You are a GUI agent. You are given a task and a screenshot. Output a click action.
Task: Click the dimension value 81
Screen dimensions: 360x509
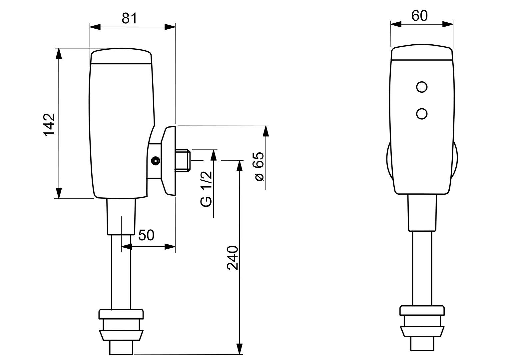pyautogui.click(x=129, y=18)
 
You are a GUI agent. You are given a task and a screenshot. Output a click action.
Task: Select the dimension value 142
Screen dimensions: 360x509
pyautogui.click(x=49, y=125)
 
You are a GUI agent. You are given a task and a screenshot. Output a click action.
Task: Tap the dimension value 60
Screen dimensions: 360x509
pyautogui.click(x=419, y=16)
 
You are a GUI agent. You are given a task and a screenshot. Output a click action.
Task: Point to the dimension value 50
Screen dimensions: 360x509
pyautogui.click(x=146, y=235)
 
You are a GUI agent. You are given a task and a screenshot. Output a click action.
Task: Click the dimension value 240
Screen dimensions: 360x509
pyautogui.click(x=233, y=258)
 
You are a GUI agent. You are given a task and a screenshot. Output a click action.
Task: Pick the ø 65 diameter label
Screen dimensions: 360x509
pyautogui.click(x=259, y=166)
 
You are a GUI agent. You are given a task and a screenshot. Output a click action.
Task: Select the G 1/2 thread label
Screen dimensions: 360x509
pyautogui.click(x=207, y=189)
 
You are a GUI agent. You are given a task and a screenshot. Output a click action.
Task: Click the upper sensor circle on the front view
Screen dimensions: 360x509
pyautogui.click(x=422, y=87)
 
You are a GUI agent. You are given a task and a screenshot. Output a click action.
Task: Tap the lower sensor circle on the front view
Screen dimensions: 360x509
pyautogui.click(x=422, y=114)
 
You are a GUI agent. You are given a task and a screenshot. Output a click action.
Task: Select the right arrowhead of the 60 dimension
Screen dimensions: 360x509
pyautogui.click(x=448, y=24)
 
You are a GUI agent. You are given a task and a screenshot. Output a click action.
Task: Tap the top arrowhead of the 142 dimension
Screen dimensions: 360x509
pyautogui.click(x=59, y=53)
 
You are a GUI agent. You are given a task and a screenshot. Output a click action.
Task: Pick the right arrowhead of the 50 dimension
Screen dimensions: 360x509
pyautogui.click(x=170, y=247)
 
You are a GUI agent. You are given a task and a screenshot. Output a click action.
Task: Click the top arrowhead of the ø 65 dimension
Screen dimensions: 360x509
pyautogui.click(x=265, y=131)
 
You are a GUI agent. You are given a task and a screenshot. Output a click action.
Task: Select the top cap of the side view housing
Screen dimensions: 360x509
pyautogui.click(x=121, y=56)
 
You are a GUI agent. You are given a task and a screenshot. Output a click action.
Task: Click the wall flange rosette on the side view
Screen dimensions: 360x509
pyautogui.click(x=169, y=160)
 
